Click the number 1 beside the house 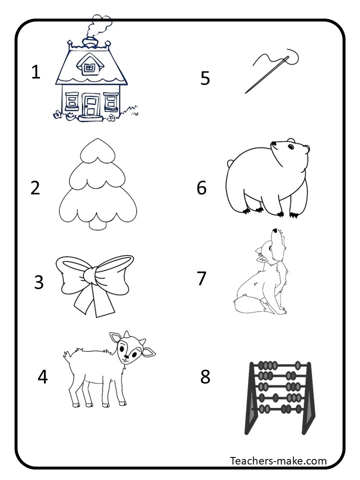36,72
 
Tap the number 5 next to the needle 205,78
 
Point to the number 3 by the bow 39,282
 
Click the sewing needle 266,74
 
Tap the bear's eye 290,147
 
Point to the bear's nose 273,143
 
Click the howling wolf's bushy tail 248,302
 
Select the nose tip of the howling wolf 275,230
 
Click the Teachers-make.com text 278,460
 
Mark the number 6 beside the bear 201,187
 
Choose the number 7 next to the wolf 201,278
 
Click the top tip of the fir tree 97,139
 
